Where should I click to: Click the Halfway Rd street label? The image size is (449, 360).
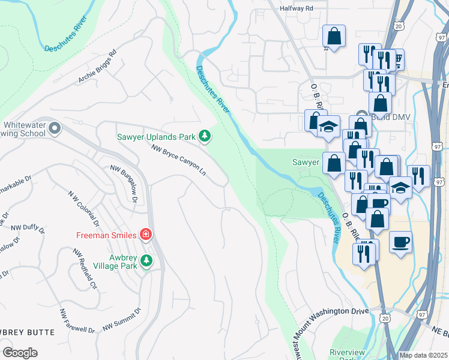(x=297, y=9)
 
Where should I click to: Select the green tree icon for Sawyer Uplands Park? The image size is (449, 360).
(x=205, y=136)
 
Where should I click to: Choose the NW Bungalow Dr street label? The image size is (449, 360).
(x=124, y=184)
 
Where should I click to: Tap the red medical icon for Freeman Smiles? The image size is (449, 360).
(x=145, y=234)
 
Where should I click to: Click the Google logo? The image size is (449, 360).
(x=20, y=353)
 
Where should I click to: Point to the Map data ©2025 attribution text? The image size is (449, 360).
(x=423, y=355)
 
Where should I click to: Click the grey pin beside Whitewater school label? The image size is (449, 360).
(x=55, y=128)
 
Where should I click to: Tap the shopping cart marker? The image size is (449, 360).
(x=396, y=59)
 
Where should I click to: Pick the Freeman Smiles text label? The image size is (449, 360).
(x=106, y=234)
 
